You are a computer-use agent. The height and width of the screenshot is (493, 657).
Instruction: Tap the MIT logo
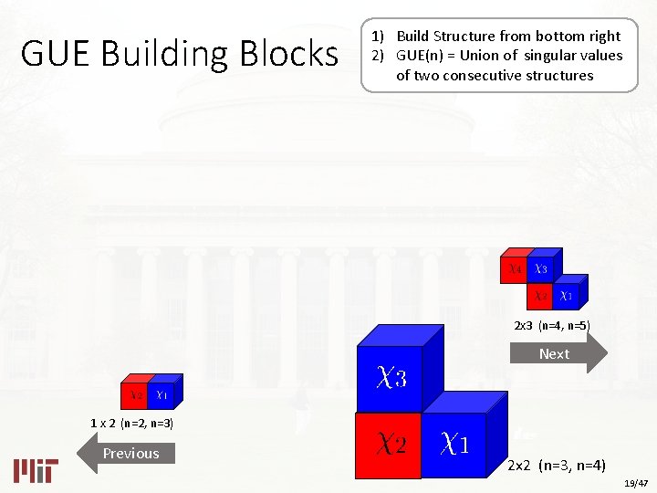coord(36,469)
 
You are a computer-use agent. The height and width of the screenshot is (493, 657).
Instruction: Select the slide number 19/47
coord(635,482)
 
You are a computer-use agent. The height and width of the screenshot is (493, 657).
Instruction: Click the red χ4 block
coord(515,270)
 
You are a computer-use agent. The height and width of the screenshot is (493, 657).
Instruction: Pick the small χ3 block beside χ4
coord(541,270)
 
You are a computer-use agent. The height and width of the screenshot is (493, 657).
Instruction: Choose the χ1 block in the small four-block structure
coord(567,296)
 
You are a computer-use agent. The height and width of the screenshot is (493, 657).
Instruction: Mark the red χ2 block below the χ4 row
coord(541,296)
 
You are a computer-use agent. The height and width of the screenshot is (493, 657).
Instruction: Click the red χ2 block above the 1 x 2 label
coord(135,395)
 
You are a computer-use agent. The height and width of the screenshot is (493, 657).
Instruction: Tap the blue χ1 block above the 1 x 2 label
coord(162,395)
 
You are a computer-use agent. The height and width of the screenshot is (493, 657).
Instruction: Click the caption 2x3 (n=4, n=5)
coord(552,325)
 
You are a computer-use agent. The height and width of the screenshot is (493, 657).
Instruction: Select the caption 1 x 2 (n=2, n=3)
coord(132,424)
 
